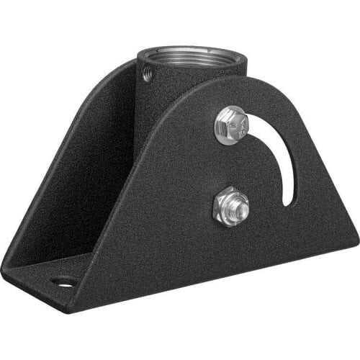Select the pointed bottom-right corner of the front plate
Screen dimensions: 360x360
point(354,241)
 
